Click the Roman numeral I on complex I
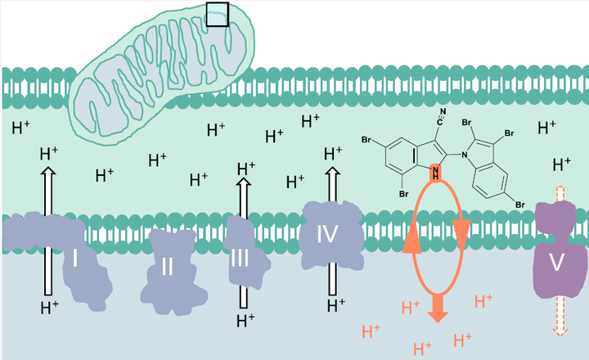74,259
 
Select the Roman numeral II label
167,266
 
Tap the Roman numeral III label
240,259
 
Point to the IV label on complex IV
328,236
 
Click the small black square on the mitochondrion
217,14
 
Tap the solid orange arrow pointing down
438,308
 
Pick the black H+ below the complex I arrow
49,308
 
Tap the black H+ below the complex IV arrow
335,305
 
